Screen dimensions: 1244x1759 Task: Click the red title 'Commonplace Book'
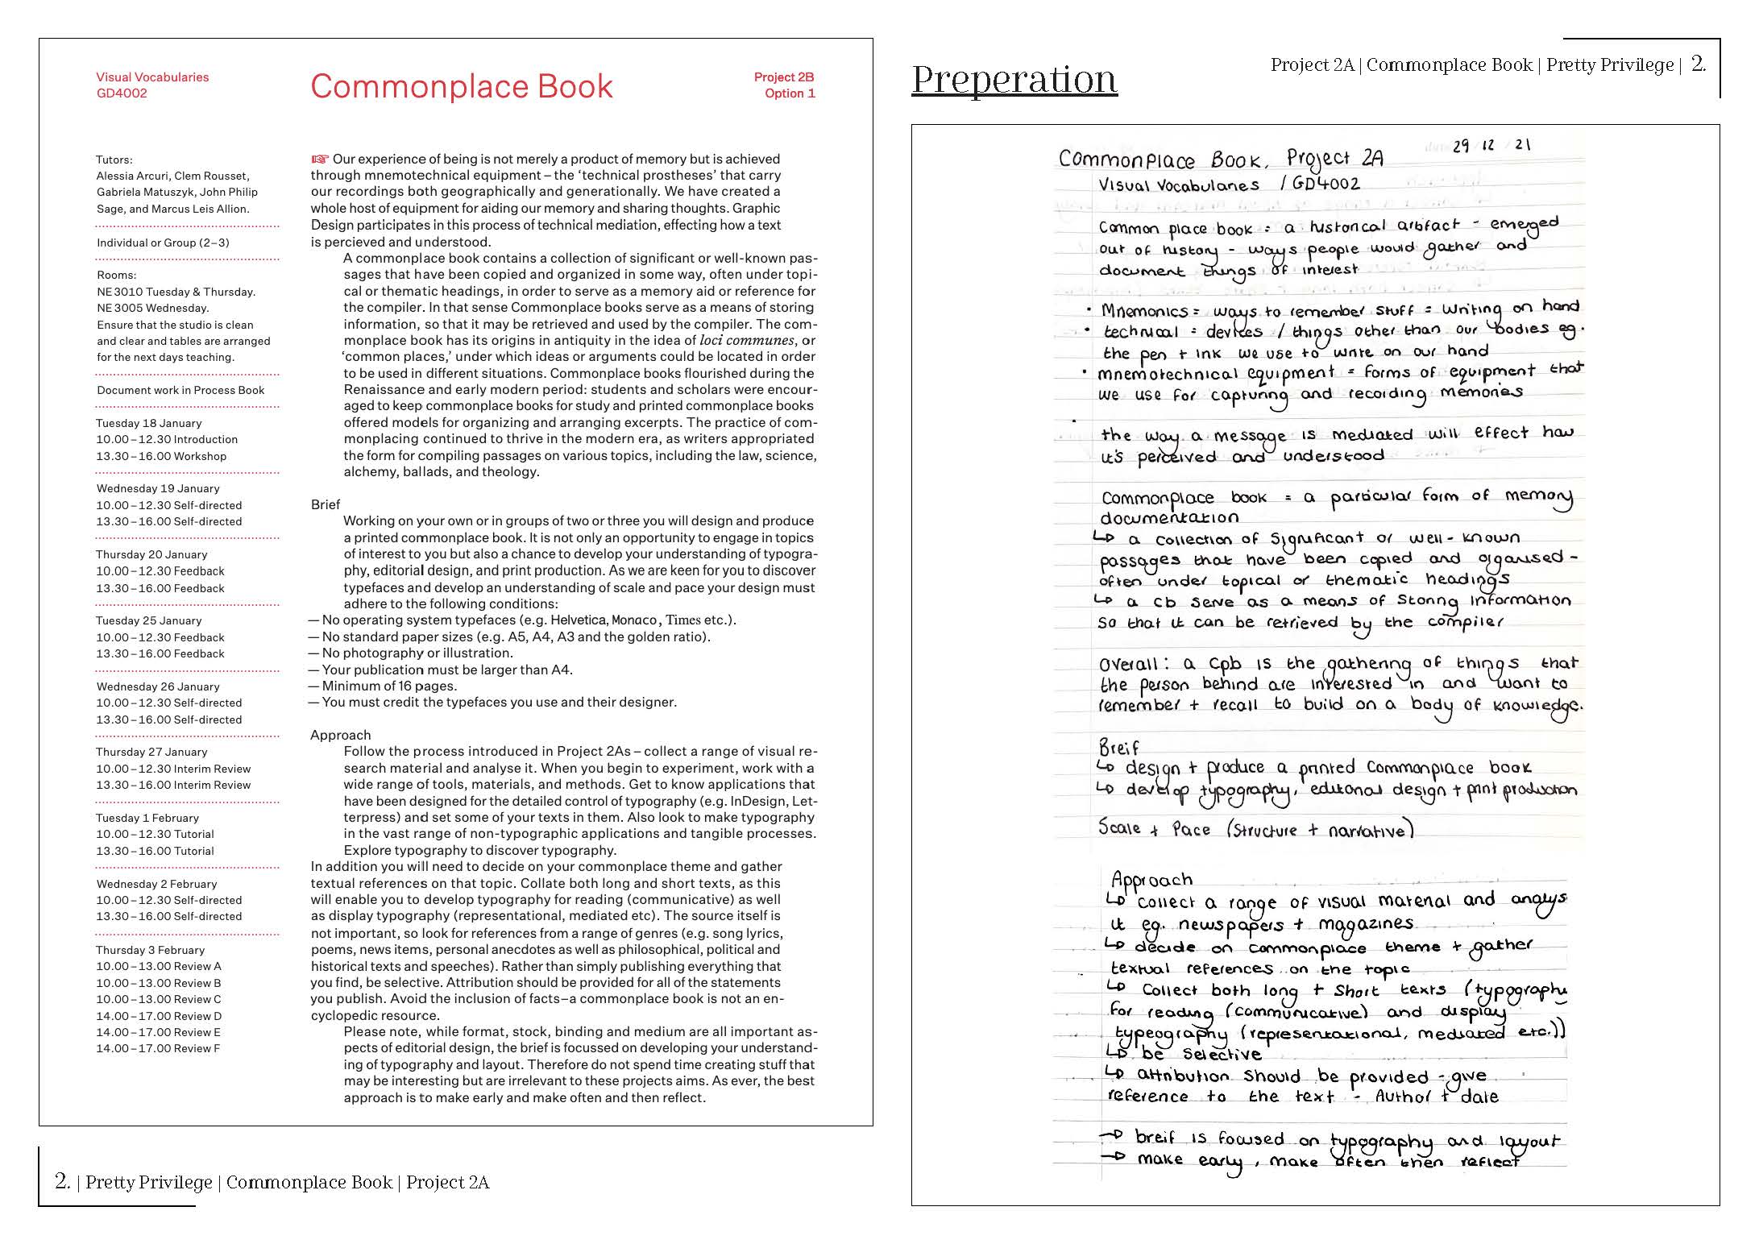pyautogui.click(x=461, y=86)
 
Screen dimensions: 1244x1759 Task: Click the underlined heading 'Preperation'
pyautogui.click(x=1014, y=79)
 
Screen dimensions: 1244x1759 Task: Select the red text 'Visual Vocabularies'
pyautogui.click(x=152, y=77)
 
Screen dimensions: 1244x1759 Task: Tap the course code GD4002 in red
pyautogui.click(x=122, y=93)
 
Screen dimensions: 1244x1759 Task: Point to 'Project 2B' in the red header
pyautogui.click(x=783, y=77)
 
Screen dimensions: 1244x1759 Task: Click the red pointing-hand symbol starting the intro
pyautogui.click(x=320, y=159)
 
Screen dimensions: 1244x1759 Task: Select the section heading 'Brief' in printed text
pyautogui.click(x=326, y=504)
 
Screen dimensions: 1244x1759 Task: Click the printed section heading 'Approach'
pyautogui.click(x=340, y=735)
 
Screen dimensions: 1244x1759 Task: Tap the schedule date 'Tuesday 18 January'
pyautogui.click(x=149, y=423)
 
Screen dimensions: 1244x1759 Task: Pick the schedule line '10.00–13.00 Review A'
pyautogui.click(x=159, y=966)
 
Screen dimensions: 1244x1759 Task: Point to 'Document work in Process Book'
pyautogui.click(x=180, y=390)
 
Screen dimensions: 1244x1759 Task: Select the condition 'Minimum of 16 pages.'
pyautogui.click(x=389, y=686)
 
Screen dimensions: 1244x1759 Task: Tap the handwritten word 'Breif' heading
pyautogui.click(x=1119, y=747)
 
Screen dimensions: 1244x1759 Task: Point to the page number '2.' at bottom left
pyautogui.click(x=62, y=1181)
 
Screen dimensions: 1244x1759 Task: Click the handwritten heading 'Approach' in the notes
pyautogui.click(x=1151, y=879)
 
